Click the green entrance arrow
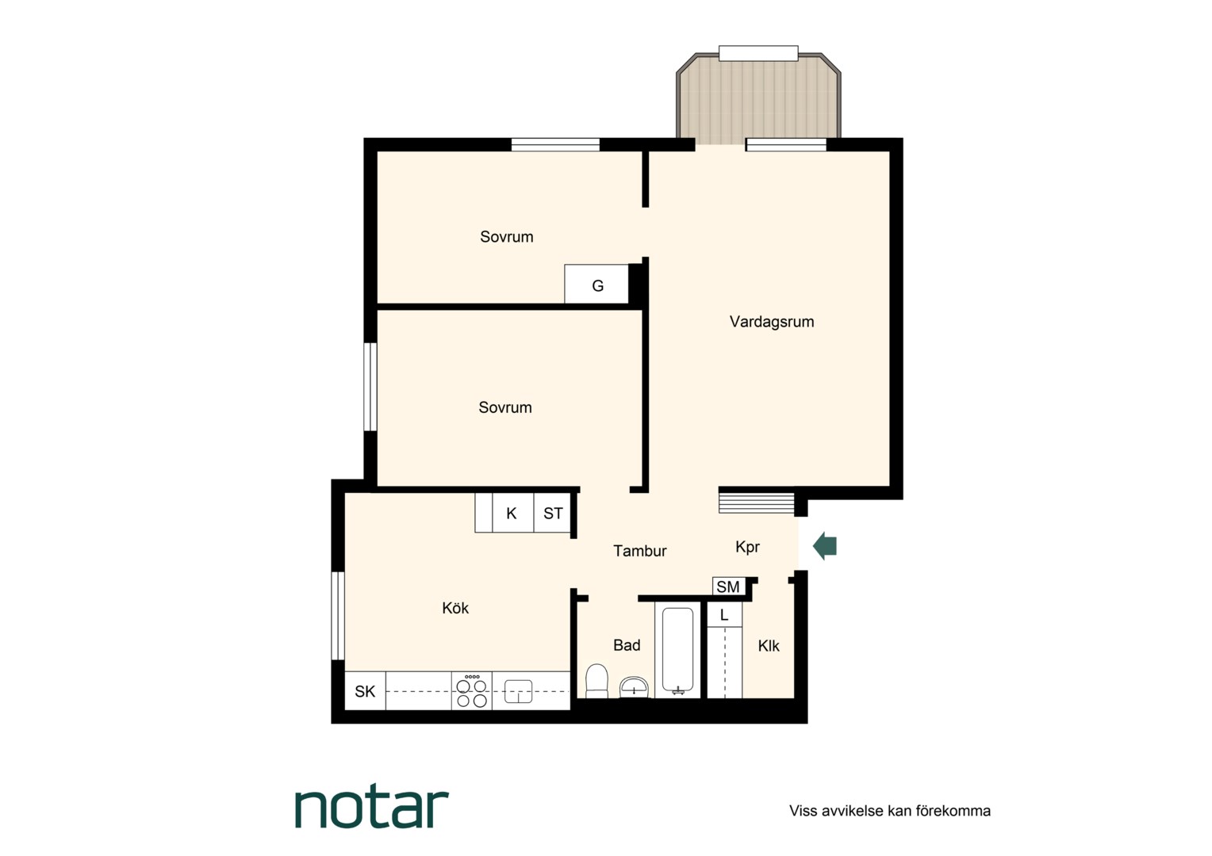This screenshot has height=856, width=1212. click(x=825, y=545)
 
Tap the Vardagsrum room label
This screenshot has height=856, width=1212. click(x=772, y=322)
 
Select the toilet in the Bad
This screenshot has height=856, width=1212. click(x=596, y=681)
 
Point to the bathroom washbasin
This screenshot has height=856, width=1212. click(x=634, y=687)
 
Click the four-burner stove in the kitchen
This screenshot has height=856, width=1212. click(x=472, y=690)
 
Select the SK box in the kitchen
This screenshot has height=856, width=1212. click(x=365, y=690)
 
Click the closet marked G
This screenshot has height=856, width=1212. click(x=596, y=284)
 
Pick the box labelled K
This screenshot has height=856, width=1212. click(x=512, y=513)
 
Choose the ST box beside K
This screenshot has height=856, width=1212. click(x=552, y=513)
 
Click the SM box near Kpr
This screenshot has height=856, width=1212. click(x=728, y=587)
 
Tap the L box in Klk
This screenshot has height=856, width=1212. click(x=724, y=615)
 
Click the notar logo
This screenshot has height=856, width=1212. click(x=372, y=808)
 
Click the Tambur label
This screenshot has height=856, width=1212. click(x=639, y=551)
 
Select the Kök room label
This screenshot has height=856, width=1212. click(x=455, y=608)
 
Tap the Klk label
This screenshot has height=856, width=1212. click(x=769, y=646)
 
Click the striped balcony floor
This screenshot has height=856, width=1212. click(x=758, y=99)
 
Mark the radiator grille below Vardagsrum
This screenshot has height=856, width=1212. click(x=757, y=500)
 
